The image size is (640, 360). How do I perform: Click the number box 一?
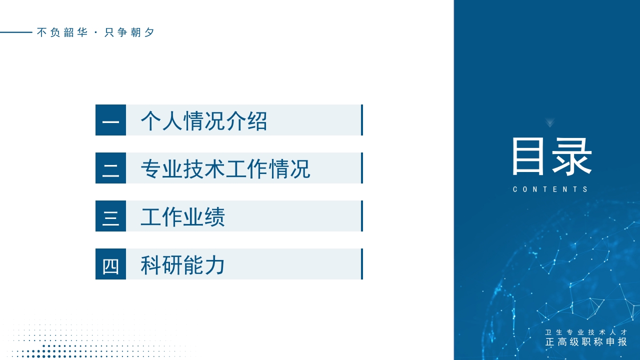click(x=110, y=120)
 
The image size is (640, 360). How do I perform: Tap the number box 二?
click(x=110, y=168)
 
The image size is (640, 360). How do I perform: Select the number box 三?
click(x=110, y=216)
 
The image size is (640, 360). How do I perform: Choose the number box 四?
click(x=110, y=264)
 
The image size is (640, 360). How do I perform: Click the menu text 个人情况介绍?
click(x=204, y=120)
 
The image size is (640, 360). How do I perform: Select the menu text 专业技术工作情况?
click(x=225, y=168)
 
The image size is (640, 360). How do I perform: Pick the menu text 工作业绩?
click(x=183, y=216)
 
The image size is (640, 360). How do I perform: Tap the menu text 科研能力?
click(x=183, y=264)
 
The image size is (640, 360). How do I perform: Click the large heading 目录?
click(x=551, y=156)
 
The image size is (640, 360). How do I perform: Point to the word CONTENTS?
click(x=551, y=189)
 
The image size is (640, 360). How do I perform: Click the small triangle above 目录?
click(x=550, y=122)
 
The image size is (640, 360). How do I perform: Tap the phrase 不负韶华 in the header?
click(x=62, y=32)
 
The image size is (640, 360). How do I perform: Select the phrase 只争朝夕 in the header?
click(x=129, y=32)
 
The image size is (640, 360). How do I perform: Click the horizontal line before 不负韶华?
click(x=16, y=32)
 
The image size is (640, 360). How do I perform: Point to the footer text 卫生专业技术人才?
click(x=586, y=332)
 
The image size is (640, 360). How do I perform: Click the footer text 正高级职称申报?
click(x=586, y=342)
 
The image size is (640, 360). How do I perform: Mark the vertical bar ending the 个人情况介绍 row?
click(x=361, y=120)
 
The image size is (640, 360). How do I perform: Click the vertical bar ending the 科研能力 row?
click(x=361, y=264)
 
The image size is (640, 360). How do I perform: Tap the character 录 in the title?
click(x=572, y=156)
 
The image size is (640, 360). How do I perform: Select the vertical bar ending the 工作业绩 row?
click(x=361, y=216)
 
